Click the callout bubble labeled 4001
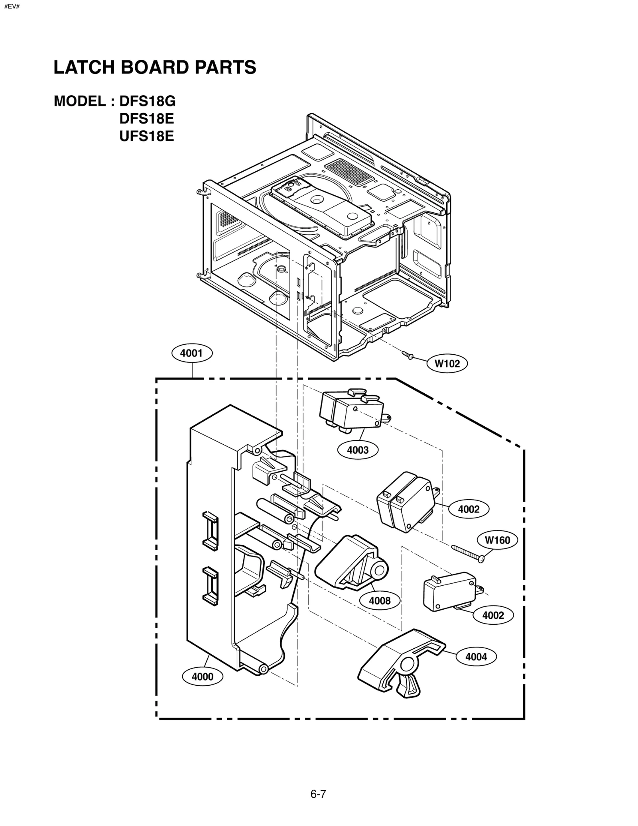[192, 353]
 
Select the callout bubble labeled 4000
[203, 676]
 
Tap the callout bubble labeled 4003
[358, 450]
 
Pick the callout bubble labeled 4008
[380, 600]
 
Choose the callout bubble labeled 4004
[476, 656]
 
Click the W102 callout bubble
[447, 363]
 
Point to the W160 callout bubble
[497, 540]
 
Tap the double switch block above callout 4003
[351, 412]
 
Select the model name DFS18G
[148, 102]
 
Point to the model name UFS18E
[147, 137]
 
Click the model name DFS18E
[147, 119]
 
